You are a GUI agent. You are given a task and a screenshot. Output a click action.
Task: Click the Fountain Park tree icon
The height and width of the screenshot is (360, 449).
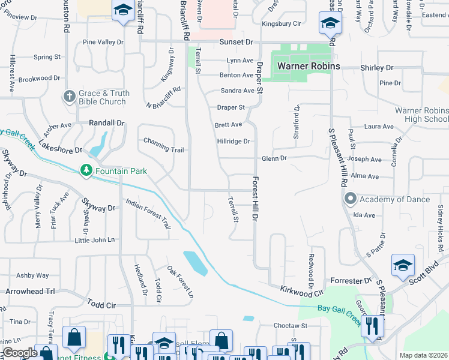86,171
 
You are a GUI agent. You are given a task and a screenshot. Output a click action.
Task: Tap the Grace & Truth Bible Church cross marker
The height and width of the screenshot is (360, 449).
70,96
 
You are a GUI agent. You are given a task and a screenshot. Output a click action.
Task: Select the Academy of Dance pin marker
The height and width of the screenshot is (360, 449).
350,199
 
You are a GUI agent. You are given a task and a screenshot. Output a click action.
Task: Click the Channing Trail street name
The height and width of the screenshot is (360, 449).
163,141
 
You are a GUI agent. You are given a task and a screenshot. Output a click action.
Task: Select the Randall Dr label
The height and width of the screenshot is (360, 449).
106,122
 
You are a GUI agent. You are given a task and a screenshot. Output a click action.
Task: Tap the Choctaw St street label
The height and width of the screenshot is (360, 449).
290,326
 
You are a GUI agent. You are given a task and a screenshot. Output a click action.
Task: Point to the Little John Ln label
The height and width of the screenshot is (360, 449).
94,240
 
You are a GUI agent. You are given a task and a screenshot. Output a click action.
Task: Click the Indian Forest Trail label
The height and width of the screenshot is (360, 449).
148,214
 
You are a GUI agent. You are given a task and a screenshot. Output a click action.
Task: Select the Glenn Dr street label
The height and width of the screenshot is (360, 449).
274,158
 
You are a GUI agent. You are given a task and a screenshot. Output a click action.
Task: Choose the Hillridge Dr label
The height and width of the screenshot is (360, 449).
233,142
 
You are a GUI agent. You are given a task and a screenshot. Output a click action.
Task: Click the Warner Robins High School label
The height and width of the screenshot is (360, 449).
421,115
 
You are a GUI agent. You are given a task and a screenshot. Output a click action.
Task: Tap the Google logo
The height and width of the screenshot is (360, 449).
19,353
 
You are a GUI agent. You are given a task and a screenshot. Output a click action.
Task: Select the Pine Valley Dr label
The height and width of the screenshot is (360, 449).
103,42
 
